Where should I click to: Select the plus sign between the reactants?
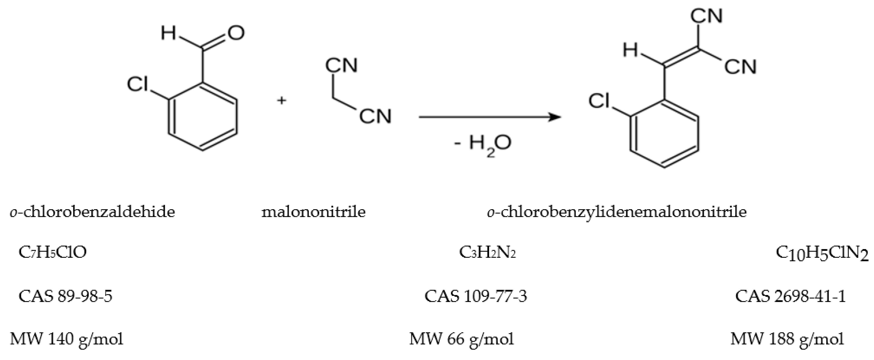click(281, 100)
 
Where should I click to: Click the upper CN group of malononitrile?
click(341, 65)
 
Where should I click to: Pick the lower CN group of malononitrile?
click(375, 116)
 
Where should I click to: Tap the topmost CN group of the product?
click(707, 16)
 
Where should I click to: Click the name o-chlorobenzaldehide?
click(92, 212)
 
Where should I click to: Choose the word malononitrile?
click(313, 212)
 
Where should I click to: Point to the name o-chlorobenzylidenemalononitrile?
click(617, 212)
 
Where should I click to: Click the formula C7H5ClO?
click(53, 252)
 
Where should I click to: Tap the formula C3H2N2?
click(487, 252)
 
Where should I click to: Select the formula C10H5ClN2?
click(822, 254)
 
